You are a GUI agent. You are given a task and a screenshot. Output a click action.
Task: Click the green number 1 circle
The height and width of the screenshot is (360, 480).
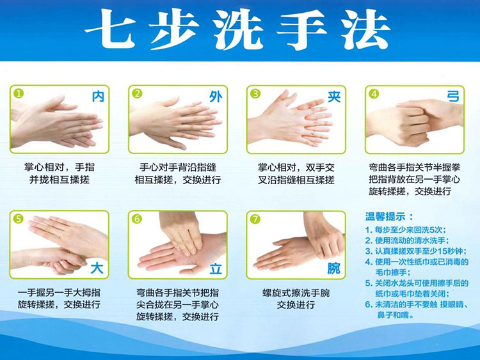[x=19, y=93]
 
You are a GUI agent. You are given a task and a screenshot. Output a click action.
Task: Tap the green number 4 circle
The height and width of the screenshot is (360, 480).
[x=374, y=93]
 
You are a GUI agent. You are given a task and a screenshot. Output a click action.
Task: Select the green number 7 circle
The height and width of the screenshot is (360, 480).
[x=255, y=219]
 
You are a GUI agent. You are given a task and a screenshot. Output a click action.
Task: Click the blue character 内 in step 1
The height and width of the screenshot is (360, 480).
[x=97, y=97]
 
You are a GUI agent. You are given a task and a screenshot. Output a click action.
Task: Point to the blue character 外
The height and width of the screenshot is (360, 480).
[x=215, y=97]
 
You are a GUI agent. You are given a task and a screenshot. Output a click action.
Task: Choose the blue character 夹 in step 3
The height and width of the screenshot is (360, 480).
[x=333, y=97]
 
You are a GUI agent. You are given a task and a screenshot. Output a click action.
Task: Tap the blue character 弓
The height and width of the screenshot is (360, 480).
[x=452, y=97]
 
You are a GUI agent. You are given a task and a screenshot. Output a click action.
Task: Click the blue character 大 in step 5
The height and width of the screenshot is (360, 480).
[x=97, y=266]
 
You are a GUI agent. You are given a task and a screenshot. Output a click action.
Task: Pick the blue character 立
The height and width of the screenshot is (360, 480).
[x=215, y=268]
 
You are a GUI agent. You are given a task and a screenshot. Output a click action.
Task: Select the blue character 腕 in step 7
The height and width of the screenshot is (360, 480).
[x=333, y=268]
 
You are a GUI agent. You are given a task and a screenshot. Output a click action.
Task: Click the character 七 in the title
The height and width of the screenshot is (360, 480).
[x=110, y=31]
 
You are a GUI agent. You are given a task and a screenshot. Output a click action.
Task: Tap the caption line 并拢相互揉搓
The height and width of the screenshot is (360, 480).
[x=59, y=180]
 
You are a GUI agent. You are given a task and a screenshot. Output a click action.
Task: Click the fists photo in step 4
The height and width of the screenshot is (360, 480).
[x=414, y=118]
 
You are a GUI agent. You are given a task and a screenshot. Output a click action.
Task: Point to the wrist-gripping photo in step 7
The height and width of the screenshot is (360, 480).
[x=296, y=245]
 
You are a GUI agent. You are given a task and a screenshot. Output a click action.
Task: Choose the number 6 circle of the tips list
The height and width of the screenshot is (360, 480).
[x=369, y=305]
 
